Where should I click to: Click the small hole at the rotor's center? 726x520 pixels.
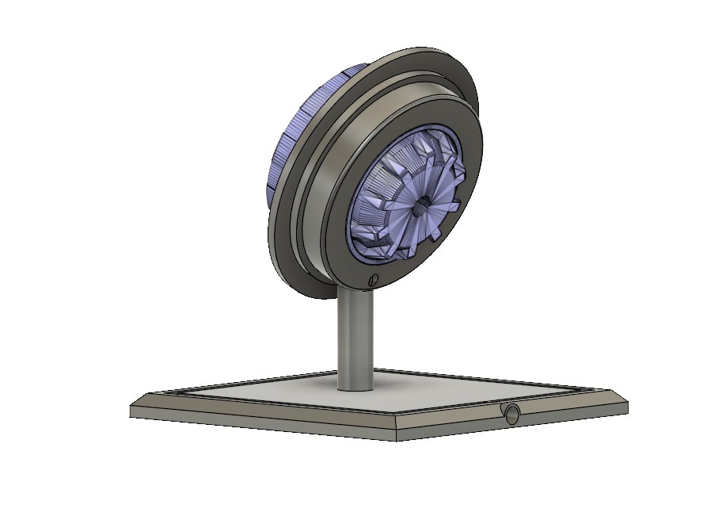422,204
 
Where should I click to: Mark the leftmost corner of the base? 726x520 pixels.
131,409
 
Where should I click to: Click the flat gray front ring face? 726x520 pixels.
467,151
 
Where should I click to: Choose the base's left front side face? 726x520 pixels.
261,423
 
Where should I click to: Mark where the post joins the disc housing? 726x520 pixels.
355,292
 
